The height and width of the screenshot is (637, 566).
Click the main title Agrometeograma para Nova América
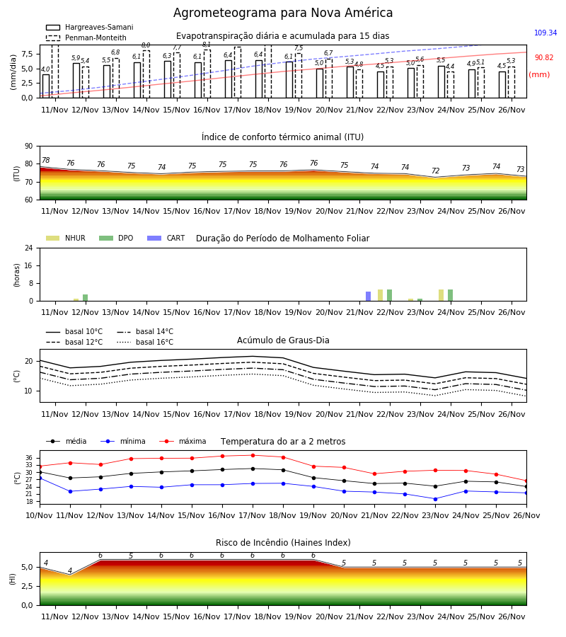(x=283, y=13)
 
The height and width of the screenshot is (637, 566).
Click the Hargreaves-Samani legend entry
(x=90, y=27)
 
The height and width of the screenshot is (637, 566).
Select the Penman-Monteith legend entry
(x=86, y=38)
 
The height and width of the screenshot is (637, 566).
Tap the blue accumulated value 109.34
(x=545, y=33)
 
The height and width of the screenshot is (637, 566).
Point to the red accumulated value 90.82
(x=544, y=58)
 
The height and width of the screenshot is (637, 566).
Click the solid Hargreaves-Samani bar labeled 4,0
(x=46, y=86)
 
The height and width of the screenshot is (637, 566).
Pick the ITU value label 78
(x=45, y=161)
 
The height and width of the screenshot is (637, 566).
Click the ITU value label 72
(x=435, y=171)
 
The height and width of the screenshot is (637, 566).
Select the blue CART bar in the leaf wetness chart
(x=369, y=296)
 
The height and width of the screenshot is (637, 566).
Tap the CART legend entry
(x=166, y=238)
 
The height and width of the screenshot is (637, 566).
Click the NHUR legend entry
(x=66, y=238)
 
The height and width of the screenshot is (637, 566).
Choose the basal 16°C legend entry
(x=145, y=342)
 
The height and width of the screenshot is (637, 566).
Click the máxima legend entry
(x=183, y=441)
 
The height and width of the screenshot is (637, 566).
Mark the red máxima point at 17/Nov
(x=253, y=455)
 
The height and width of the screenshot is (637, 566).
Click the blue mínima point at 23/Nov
(x=435, y=499)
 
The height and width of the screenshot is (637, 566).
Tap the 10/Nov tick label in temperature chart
(x=39, y=515)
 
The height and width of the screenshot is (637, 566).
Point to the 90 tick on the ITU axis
(x=28, y=147)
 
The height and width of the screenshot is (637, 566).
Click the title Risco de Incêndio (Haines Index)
(x=283, y=543)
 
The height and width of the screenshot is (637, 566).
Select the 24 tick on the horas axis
(x=28, y=248)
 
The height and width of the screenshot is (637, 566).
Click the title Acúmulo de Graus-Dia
(x=283, y=340)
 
